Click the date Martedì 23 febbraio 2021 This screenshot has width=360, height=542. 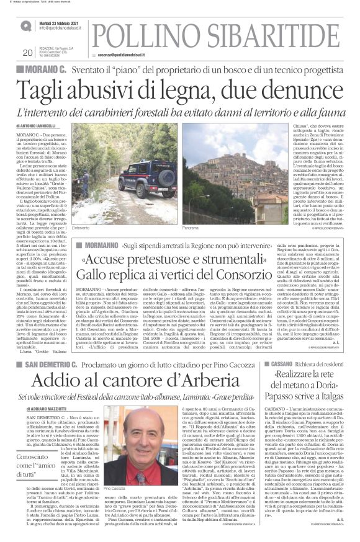60,22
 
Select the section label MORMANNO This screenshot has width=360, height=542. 96,246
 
